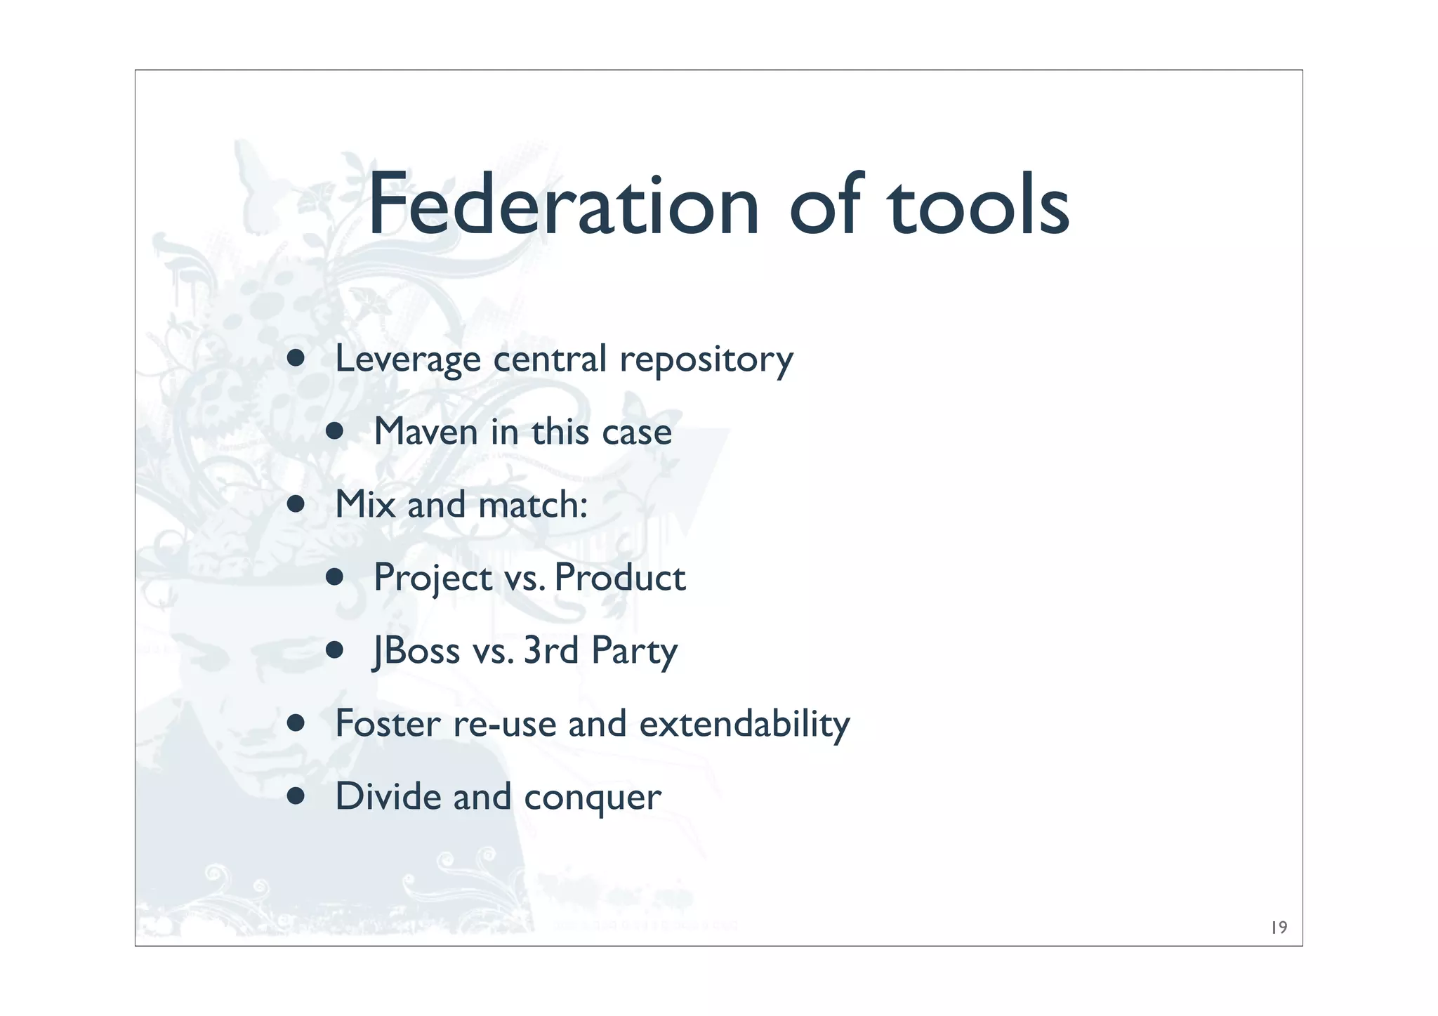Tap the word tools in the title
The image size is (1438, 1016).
(979, 205)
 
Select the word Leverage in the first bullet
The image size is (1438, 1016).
(408, 359)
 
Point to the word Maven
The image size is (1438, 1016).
(426, 432)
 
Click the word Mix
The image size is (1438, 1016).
(365, 504)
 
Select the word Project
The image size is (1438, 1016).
(433, 579)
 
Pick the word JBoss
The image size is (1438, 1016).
(416, 650)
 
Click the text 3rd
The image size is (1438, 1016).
(551, 650)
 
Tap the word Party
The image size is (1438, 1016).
(634, 652)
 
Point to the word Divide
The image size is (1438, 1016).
(388, 796)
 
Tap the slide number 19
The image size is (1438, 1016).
(1279, 928)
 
